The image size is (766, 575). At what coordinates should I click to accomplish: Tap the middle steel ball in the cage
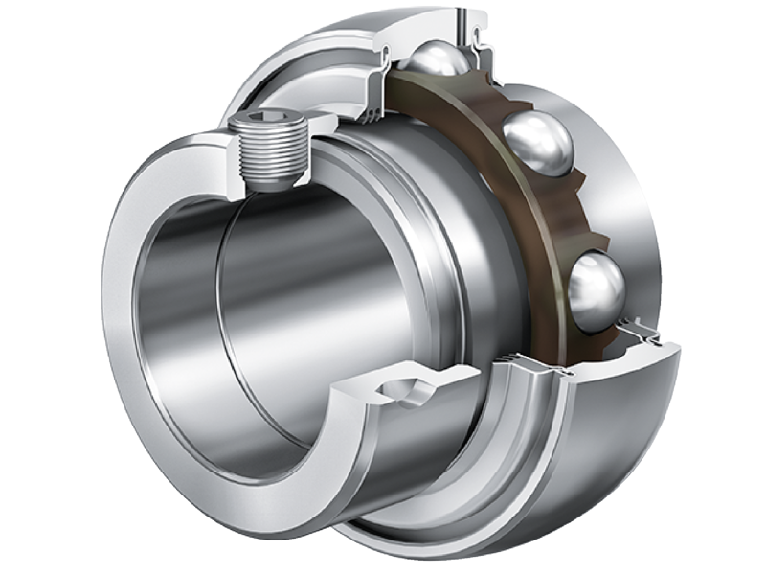tap(537, 142)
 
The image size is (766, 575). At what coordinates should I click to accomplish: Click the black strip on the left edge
tap(38, 287)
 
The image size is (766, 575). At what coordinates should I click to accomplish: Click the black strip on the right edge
tap(728, 287)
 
